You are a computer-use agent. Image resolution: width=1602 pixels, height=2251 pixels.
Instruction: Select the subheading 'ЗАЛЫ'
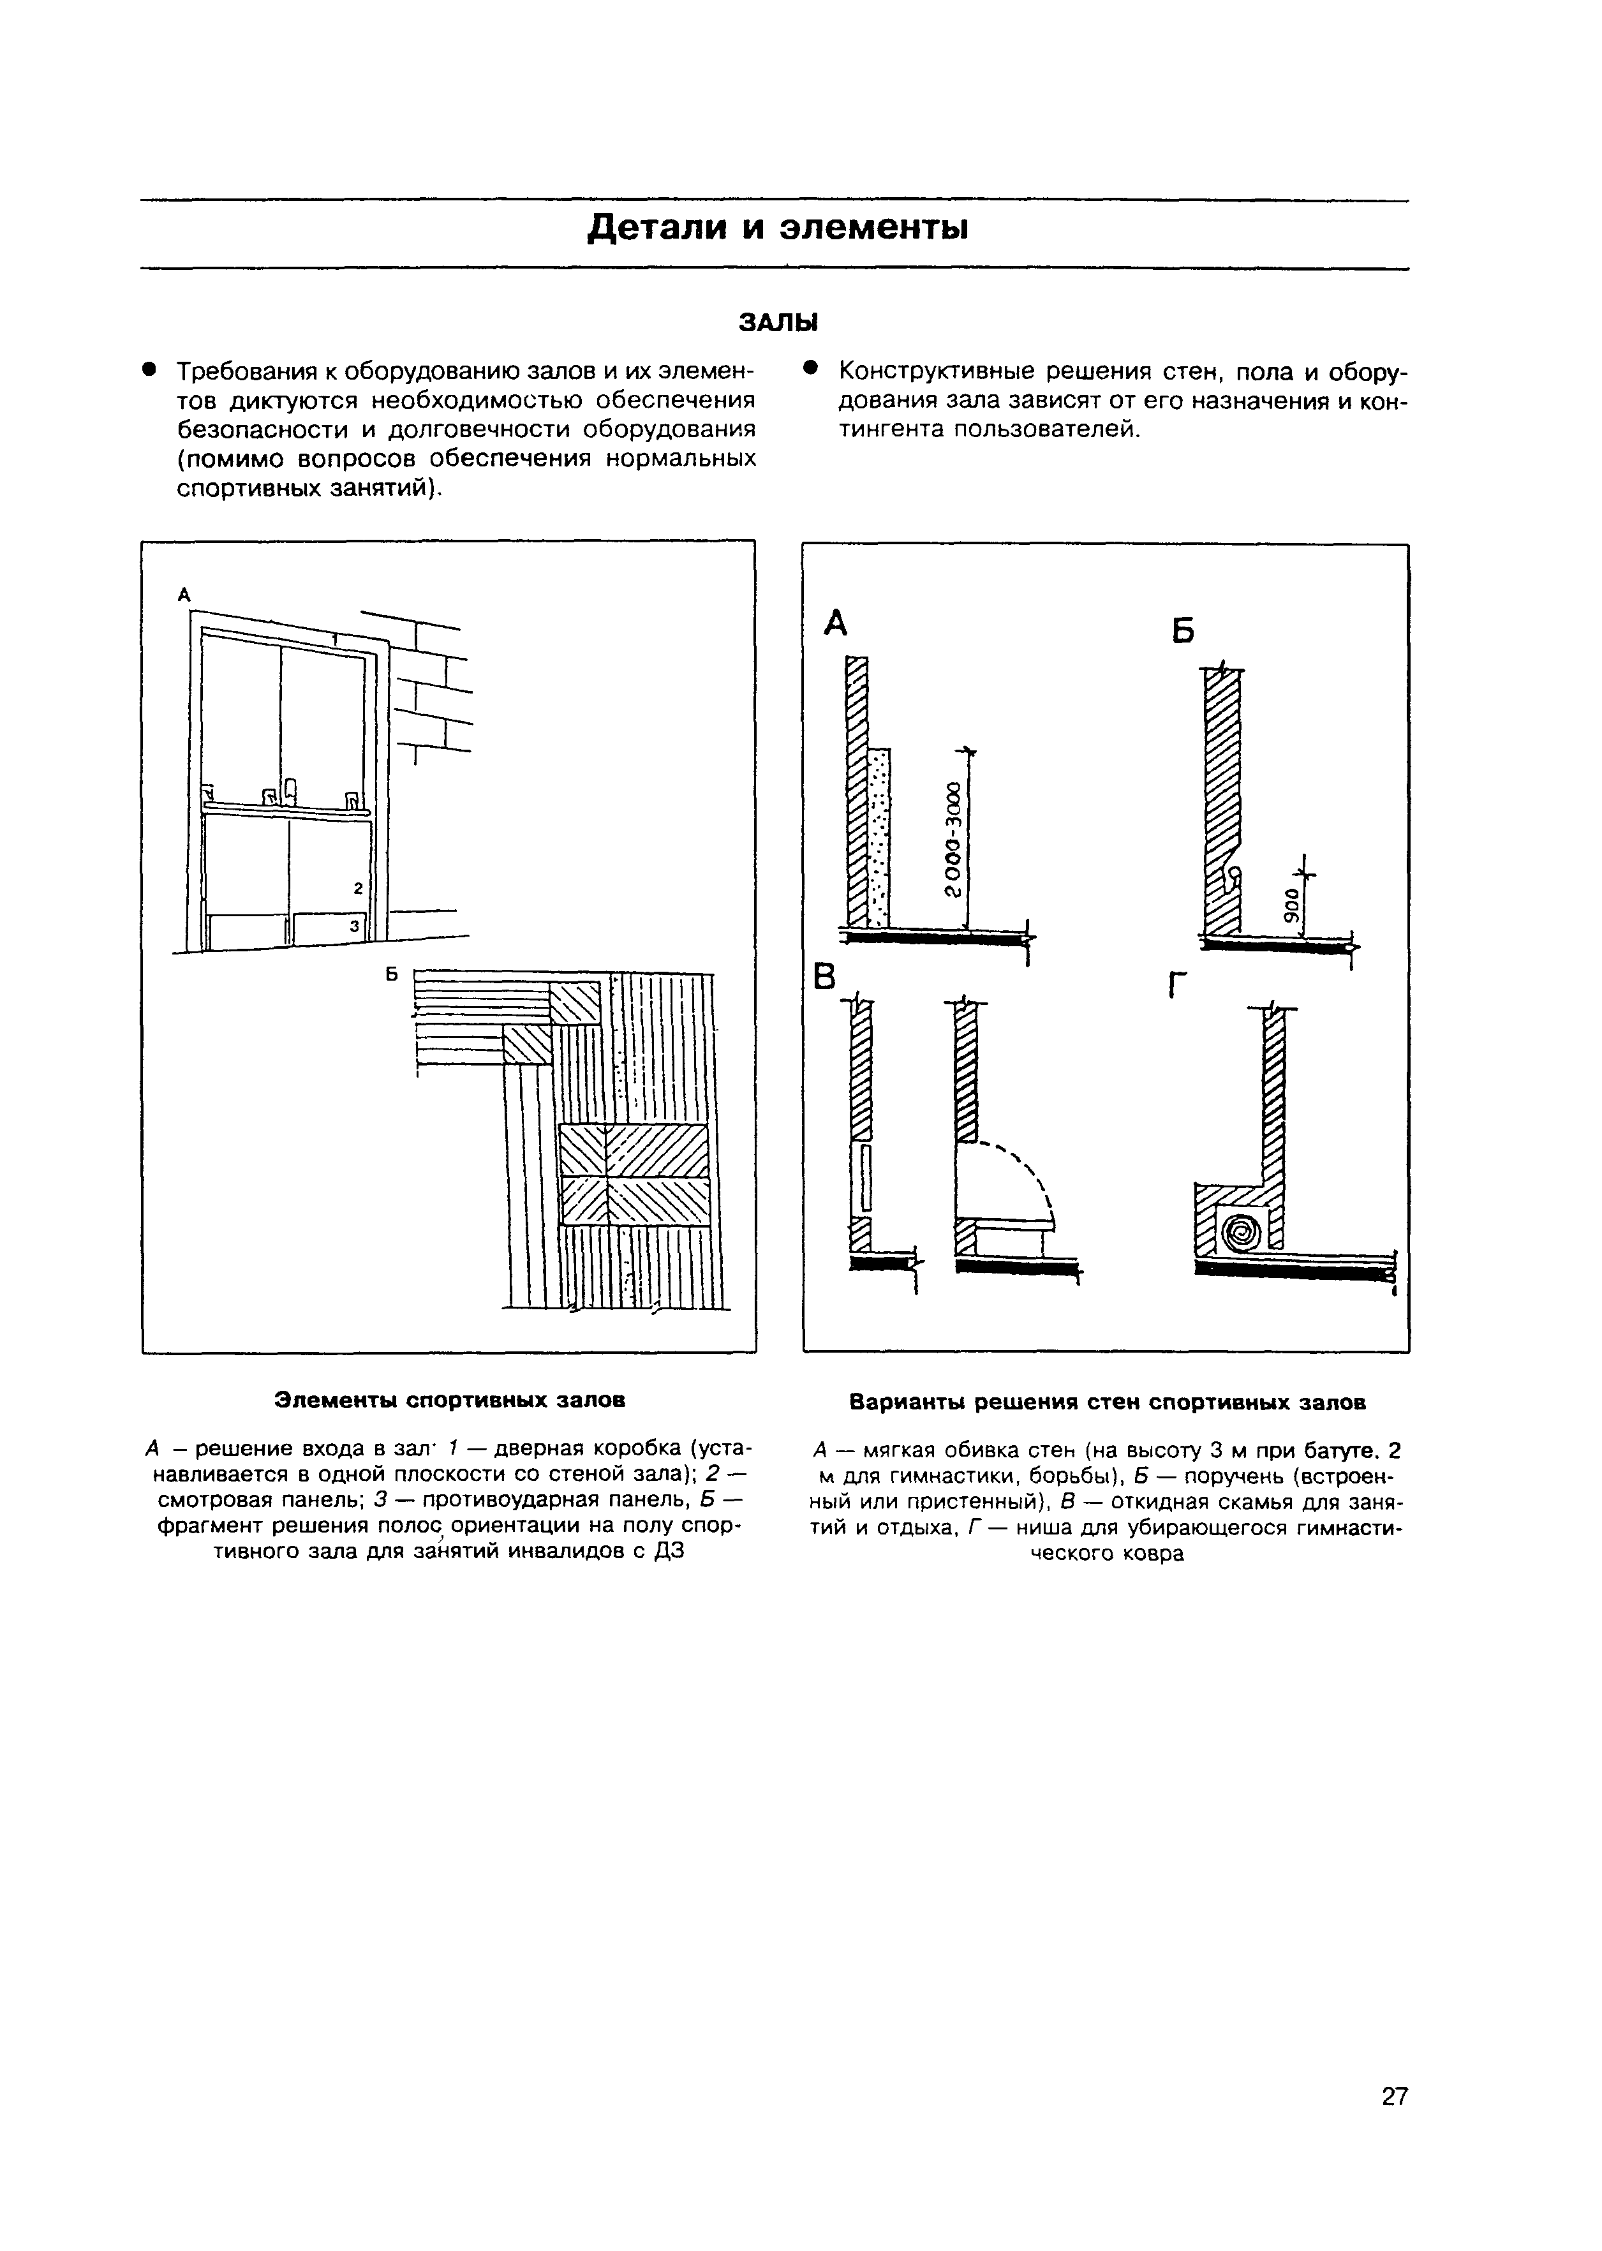[x=778, y=323]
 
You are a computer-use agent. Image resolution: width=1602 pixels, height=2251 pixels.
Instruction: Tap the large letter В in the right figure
[x=823, y=977]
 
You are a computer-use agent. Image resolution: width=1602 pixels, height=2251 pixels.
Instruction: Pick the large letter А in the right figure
[x=836, y=623]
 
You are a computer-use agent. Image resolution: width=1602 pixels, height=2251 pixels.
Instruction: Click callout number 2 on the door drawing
[x=357, y=888]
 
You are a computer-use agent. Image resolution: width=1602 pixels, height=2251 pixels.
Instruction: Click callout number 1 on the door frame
[x=336, y=640]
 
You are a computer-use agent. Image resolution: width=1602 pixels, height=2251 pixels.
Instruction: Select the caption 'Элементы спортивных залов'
[x=449, y=1400]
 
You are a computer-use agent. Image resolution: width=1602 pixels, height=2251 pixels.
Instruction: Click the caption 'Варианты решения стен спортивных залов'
[x=1107, y=1402]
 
